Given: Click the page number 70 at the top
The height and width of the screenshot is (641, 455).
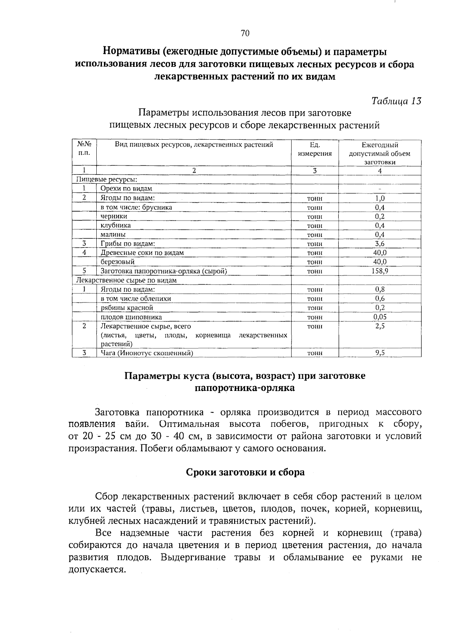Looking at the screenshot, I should point(245,33).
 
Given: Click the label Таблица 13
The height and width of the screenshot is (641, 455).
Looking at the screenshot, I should point(396,101).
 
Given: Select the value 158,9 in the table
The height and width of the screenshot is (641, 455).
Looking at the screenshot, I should point(380,271).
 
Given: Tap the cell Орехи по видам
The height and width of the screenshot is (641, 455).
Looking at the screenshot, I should point(126,189).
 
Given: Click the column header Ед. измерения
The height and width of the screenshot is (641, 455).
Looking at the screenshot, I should point(314,149).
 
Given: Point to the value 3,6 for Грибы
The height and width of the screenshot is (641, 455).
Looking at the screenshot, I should point(380,244).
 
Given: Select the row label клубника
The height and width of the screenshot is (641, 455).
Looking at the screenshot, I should point(116,225).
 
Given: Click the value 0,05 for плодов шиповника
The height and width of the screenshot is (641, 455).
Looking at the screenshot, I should point(380,317).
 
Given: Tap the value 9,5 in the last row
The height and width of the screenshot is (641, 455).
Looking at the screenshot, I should point(380,353).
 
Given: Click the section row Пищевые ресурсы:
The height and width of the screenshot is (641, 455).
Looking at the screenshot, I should point(107,180).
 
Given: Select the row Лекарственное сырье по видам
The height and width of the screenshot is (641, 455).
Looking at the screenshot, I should point(127,280).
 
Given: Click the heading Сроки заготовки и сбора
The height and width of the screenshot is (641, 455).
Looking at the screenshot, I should point(245,472).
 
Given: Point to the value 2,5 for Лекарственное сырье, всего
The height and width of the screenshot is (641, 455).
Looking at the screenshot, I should point(380,326).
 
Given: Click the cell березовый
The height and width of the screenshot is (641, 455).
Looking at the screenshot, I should point(118,262).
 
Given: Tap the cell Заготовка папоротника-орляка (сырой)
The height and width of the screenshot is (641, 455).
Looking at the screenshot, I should point(164,271).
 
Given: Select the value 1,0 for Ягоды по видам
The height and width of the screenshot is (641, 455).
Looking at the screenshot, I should point(380,198).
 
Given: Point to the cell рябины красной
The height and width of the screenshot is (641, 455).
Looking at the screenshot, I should point(127,308).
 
